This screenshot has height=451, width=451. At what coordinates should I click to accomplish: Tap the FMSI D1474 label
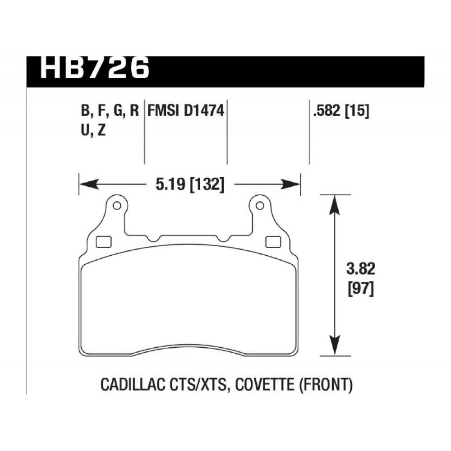tap(185, 111)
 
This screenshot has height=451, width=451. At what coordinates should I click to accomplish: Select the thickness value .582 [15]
tap(341, 111)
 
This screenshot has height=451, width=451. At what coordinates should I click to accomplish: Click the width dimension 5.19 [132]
tap(189, 184)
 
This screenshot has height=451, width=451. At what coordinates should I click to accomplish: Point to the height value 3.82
tap(361, 269)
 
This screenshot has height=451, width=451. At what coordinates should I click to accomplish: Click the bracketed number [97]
tap(361, 289)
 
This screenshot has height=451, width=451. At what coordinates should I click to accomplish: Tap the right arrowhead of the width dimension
tap(290, 184)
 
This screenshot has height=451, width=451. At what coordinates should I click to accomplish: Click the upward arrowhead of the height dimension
tap(335, 205)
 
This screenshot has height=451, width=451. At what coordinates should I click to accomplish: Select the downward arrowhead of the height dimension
tap(335, 345)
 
